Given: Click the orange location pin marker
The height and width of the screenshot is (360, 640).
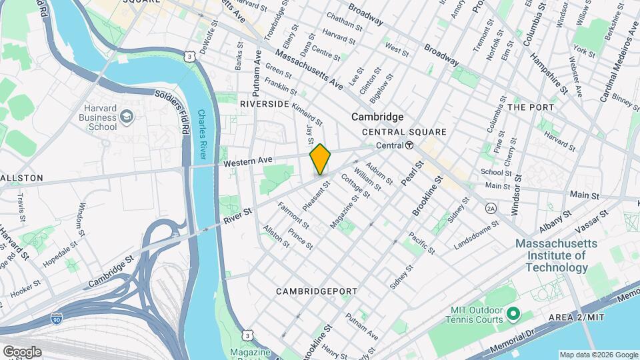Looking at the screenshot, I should tap(320, 159).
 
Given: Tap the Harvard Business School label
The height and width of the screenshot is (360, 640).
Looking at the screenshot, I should tap(101, 117).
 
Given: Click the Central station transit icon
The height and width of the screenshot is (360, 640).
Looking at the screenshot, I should tap(409, 145).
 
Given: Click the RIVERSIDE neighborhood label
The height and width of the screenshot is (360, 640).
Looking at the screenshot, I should tap(265, 104).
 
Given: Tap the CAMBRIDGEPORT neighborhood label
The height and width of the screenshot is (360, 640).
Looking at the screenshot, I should tap(317, 291).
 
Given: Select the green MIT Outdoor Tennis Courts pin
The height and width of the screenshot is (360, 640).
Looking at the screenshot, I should tap(513, 313).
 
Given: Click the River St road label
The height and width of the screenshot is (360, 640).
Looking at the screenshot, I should tap(238, 213).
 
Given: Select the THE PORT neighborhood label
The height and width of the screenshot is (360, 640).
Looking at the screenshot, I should tap(531, 107).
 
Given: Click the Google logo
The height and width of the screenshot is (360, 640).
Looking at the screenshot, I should tap(22, 351).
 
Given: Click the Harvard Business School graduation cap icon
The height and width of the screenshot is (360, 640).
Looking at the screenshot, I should tap(127, 118).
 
